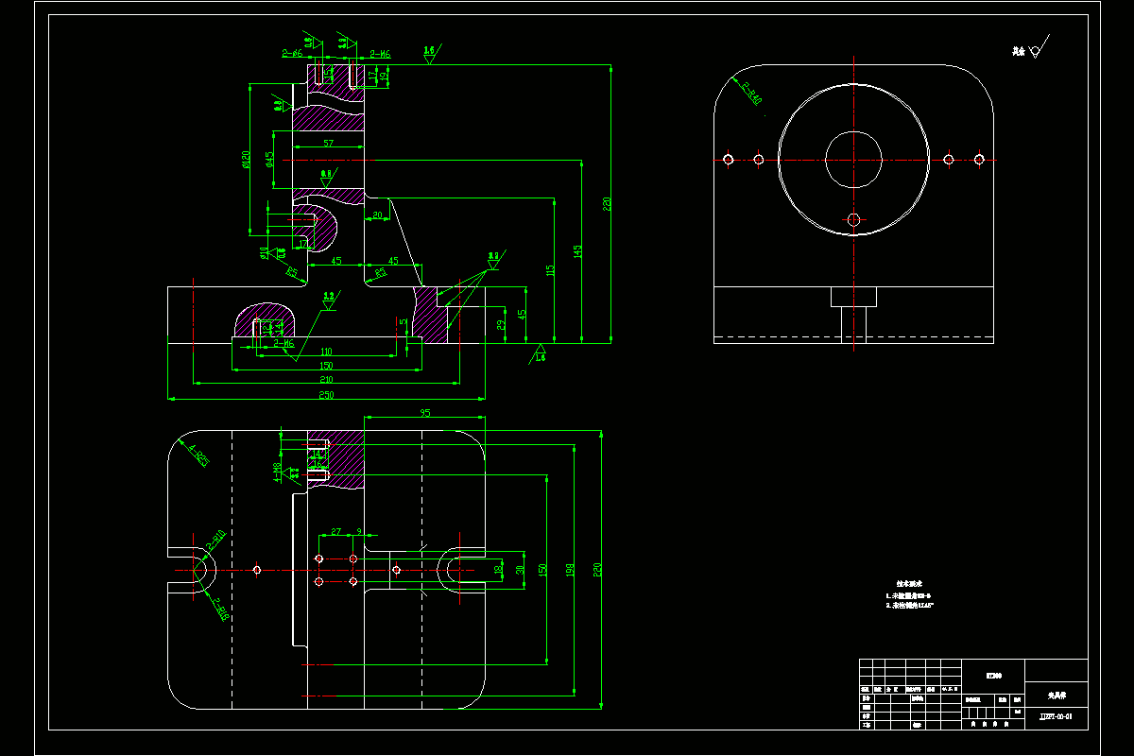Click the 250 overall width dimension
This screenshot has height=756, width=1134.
(x=326, y=393)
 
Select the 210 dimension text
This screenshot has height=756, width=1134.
(x=326, y=379)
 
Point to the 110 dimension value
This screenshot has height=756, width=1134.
(x=326, y=351)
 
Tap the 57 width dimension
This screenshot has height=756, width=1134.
(x=328, y=144)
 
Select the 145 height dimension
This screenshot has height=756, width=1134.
(x=578, y=251)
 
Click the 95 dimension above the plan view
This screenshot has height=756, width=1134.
(x=425, y=413)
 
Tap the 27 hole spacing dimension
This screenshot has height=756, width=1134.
(x=335, y=532)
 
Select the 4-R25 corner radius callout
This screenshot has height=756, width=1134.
(x=198, y=456)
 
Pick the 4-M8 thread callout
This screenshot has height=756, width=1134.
(x=277, y=470)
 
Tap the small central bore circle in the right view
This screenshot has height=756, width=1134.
(x=853, y=159)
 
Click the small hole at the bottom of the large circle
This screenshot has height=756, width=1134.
(x=853, y=219)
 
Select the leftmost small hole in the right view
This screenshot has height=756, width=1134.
(x=729, y=159)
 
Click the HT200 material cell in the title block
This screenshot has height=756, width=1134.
(x=993, y=676)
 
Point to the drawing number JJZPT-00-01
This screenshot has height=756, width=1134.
(x=1056, y=717)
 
